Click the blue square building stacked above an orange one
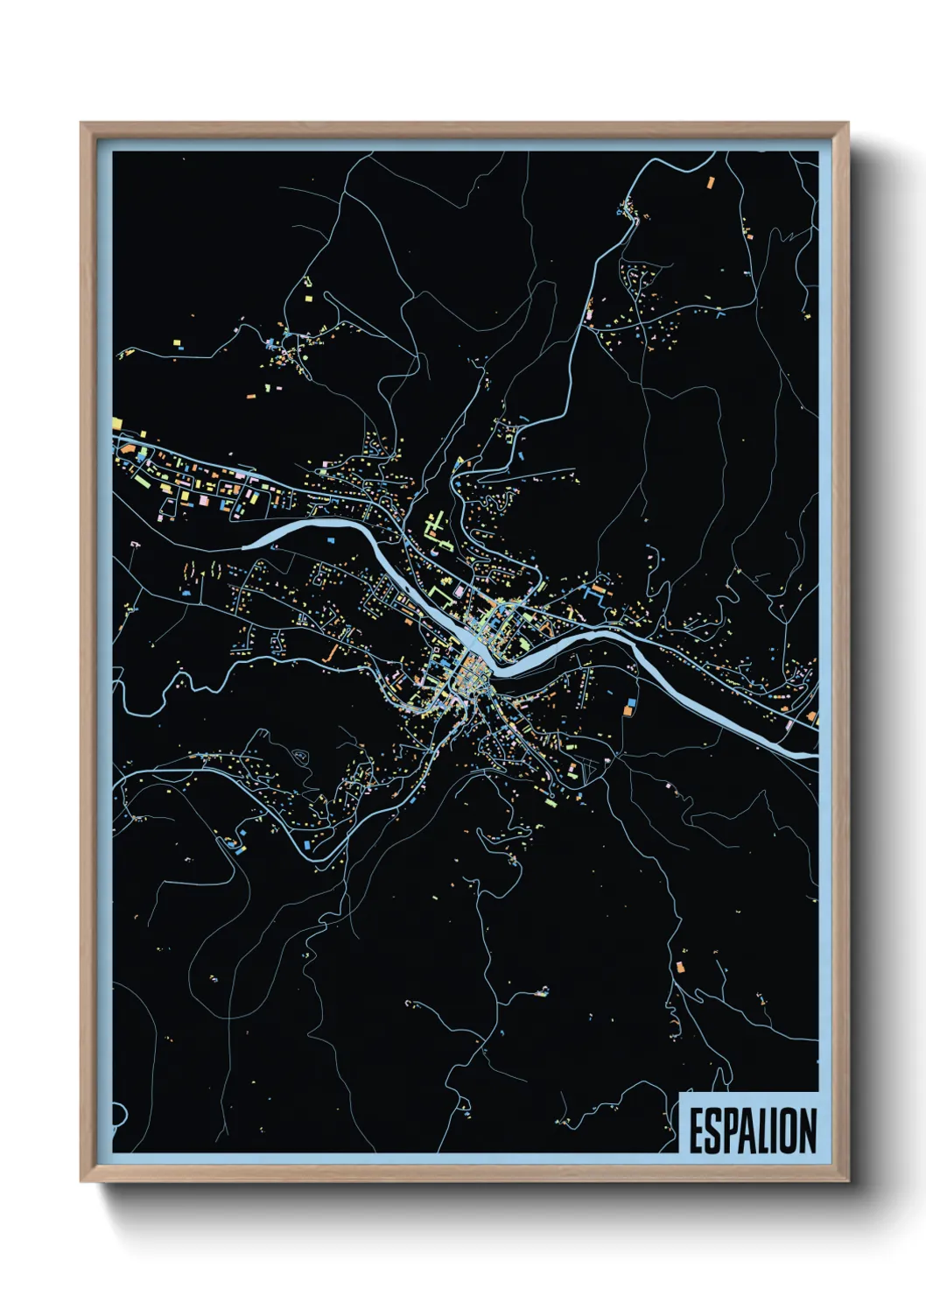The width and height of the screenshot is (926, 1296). point(629,702)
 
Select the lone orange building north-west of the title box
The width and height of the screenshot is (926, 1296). point(680,967)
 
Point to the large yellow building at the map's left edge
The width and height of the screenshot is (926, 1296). point(116,424)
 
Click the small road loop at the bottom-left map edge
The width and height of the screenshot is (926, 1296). point(119,1115)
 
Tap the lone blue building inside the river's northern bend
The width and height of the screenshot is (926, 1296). point(330,540)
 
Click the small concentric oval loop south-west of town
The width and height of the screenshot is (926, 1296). point(300,755)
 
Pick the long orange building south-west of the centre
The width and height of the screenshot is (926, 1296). point(331,653)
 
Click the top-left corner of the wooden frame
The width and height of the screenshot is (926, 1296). point(81,123)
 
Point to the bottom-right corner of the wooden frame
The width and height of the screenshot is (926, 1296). point(847,1181)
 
